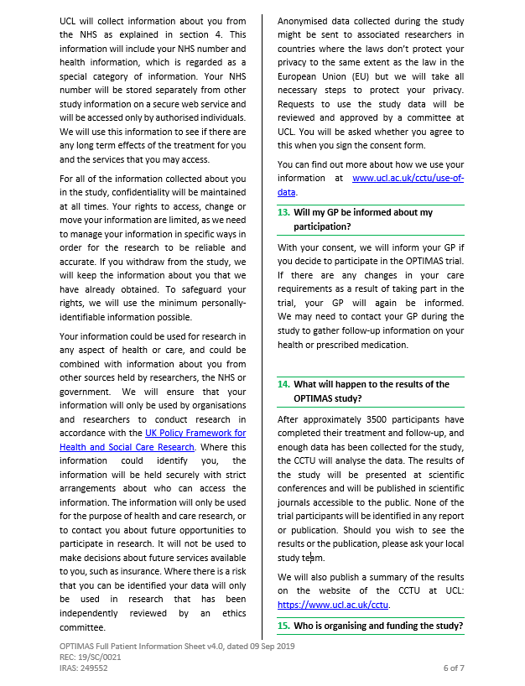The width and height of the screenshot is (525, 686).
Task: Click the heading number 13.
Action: tap(283, 213)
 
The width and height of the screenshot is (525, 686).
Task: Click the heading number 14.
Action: tap(283, 384)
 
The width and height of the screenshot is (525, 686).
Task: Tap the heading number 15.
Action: tap(283, 626)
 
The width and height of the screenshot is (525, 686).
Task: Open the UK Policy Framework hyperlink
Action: tap(195, 433)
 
